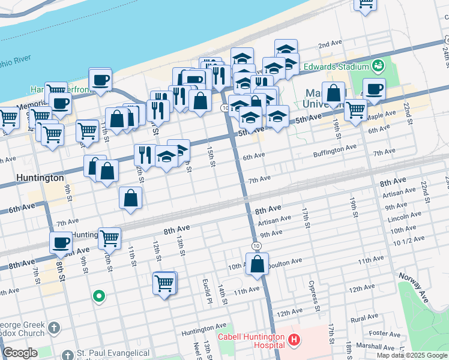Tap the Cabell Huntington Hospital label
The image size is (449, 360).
point(251,341)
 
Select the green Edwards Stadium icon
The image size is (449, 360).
point(378,65)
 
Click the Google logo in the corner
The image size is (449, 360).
point(20,353)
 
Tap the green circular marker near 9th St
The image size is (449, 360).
point(98,296)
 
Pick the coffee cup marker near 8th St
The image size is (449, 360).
point(61,243)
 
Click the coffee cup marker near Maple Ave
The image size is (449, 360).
point(374,89)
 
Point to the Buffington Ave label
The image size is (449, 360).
point(335,151)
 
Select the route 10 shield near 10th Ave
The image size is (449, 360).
point(256,247)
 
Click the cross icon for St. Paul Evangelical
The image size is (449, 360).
point(66,355)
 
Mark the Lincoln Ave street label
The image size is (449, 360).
point(403,217)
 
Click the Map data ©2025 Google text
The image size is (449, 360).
point(412,355)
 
